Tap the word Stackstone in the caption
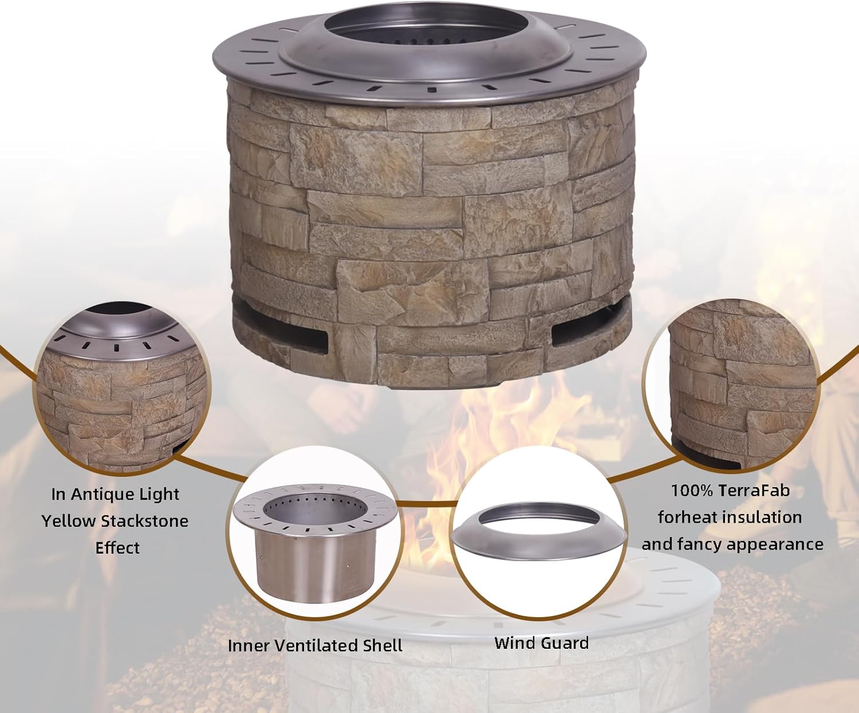(x=144, y=521)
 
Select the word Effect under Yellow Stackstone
(x=117, y=548)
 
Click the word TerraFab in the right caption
(x=754, y=491)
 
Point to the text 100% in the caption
(x=692, y=491)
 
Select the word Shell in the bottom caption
(x=383, y=646)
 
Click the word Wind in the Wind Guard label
(x=512, y=643)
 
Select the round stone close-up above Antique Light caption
(x=122, y=390)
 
